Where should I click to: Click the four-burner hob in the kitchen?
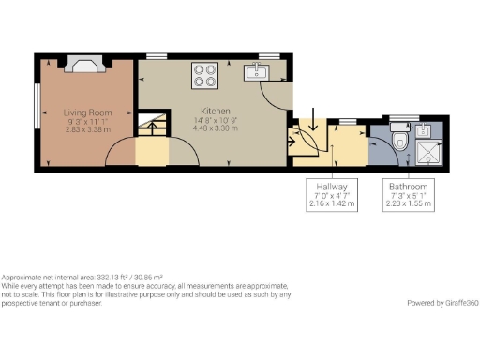tap(206, 74)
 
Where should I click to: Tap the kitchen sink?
tap(255, 71)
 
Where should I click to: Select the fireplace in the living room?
tap(90, 66)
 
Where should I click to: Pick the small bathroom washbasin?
tap(424, 130)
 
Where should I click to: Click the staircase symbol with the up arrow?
tap(151, 124)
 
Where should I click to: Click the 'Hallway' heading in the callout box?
tap(332, 186)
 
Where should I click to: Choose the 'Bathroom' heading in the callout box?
tap(410, 186)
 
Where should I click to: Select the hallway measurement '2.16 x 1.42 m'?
tap(332, 202)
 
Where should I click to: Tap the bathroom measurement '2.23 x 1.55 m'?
tap(410, 202)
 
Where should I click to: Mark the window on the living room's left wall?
tap(38, 112)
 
